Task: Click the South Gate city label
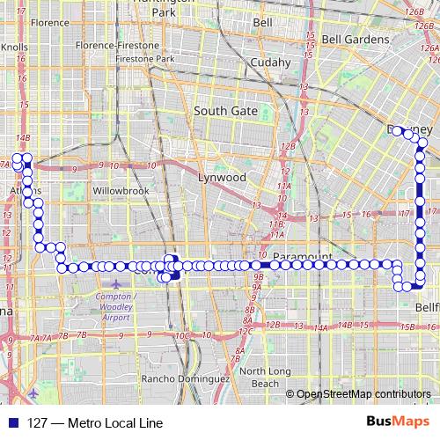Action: pos(225,111)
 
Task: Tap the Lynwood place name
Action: pos(222,177)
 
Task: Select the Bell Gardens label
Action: pos(351,40)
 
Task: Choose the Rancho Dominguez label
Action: pos(186,378)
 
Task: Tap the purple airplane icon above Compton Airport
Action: pos(118,282)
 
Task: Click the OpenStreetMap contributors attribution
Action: pos(363,394)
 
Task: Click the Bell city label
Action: pos(262,21)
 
